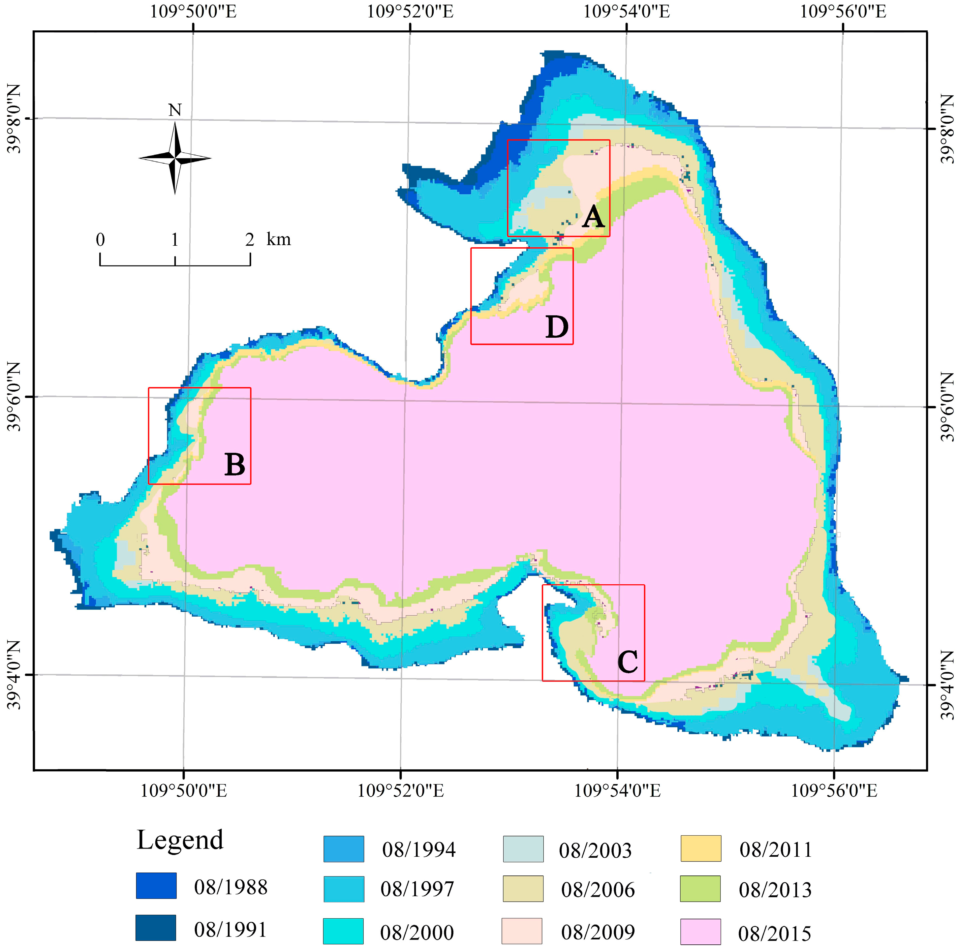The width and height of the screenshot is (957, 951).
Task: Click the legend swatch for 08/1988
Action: tap(156, 886)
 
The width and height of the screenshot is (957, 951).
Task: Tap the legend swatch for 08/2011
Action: tap(700, 848)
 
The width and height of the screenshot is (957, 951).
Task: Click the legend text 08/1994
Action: tap(418, 849)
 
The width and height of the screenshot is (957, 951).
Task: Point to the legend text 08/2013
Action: tap(775, 890)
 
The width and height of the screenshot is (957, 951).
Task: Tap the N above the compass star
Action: tap(175, 110)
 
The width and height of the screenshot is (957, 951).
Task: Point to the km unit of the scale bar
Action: tap(278, 239)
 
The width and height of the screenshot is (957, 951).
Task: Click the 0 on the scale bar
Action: tap(100, 240)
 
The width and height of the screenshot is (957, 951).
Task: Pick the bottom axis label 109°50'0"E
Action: tap(184, 790)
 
